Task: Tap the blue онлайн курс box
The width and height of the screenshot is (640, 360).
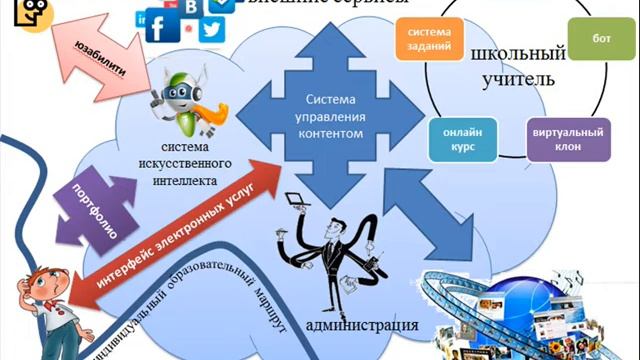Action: [461, 139]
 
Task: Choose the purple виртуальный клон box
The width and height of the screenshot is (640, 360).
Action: [568, 139]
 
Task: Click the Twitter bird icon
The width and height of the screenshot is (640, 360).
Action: [209, 30]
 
